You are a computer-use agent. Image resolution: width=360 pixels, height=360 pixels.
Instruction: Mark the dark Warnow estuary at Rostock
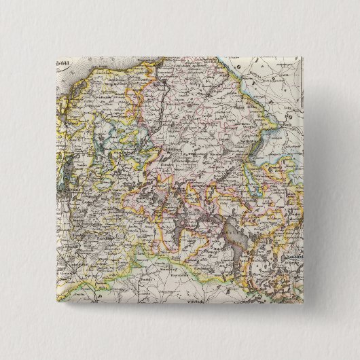tap(164, 88)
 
